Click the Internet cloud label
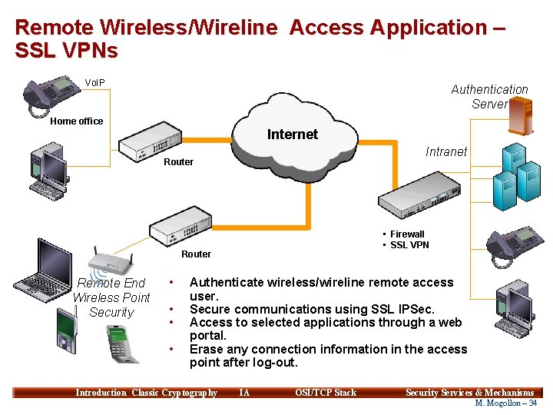pyautogui.click(x=292, y=134)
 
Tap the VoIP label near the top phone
pyautogui.click(x=95, y=82)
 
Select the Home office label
pyautogui.click(x=76, y=121)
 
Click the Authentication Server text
pyautogui.click(x=489, y=97)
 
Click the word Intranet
pyautogui.click(x=445, y=151)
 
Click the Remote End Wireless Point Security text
pyautogui.click(x=111, y=297)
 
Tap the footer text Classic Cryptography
pyautogui.click(x=174, y=393)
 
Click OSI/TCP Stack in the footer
pyautogui.click(x=326, y=393)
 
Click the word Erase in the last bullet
pyautogui.click(x=206, y=349)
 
